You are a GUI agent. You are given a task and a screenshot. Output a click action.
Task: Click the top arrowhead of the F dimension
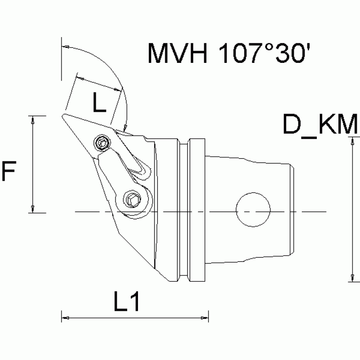(x=33, y=120)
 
